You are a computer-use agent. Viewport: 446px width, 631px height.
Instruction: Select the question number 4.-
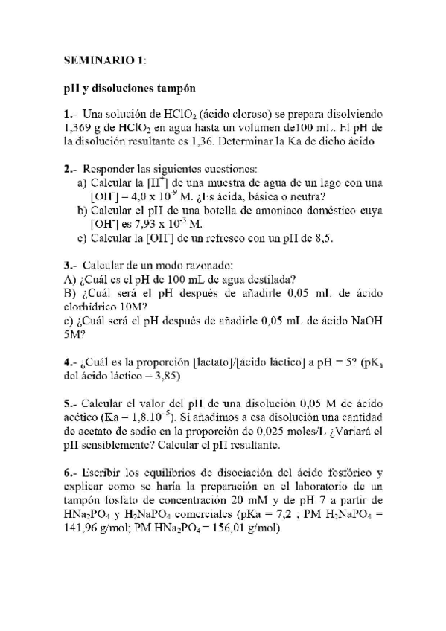[x=71, y=363]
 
